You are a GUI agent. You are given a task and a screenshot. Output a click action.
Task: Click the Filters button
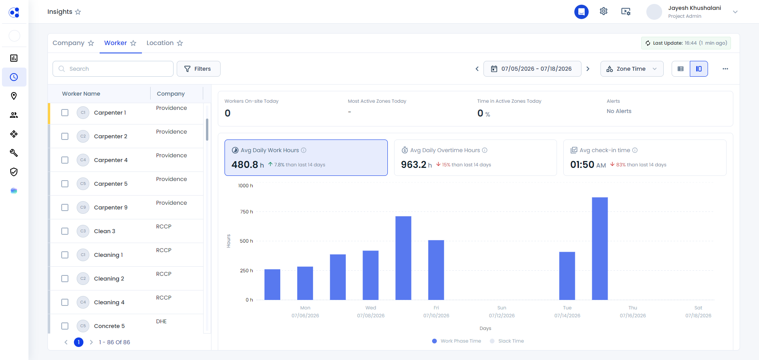point(198,69)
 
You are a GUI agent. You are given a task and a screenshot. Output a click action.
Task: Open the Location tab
point(160,43)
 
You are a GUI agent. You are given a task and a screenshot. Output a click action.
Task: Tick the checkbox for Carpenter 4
point(65,160)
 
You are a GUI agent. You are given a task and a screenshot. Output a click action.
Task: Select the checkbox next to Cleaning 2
point(65,279)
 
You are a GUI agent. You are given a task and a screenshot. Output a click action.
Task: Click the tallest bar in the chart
point(600,249)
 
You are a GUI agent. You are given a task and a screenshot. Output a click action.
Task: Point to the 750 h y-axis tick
point(246,212)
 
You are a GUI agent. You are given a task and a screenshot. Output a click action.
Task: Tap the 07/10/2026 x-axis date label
point(436,316)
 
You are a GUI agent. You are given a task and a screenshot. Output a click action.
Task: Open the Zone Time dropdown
point(632,69)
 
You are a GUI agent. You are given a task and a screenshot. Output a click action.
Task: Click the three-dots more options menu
point(725,69)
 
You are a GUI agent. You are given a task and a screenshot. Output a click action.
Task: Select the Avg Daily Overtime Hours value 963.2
point(413,164)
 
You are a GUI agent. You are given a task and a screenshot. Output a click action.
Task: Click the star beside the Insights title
point(78,12)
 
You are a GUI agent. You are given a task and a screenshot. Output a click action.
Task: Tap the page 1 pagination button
point(79,342)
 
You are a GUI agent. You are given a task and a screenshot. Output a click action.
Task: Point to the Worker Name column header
point(81,94)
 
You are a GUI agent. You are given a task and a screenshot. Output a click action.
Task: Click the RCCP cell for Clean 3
point(164,226)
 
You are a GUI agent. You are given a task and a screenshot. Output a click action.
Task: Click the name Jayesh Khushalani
point(695,8)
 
